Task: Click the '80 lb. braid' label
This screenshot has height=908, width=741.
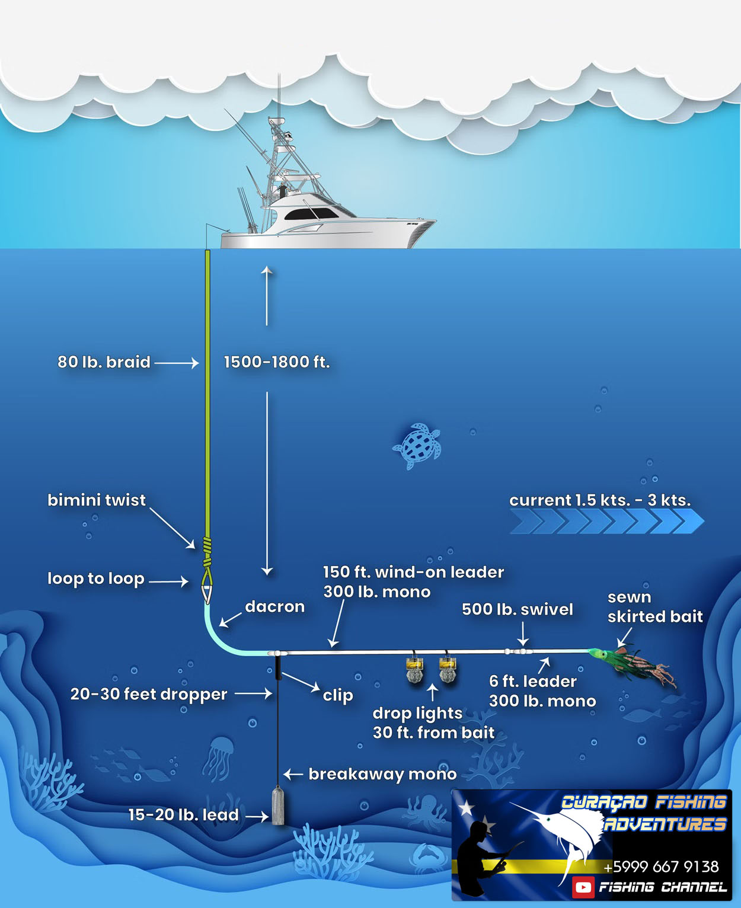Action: point(104,362)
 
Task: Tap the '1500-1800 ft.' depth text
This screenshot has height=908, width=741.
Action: point(276,362)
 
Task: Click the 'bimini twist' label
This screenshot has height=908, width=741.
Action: point(97,500)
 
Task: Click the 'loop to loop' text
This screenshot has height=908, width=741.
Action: point(96,578)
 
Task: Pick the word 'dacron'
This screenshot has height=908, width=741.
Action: point(274,607)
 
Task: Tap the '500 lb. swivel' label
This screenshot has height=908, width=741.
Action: point(518,609)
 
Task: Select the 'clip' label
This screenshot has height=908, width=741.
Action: point(338,695)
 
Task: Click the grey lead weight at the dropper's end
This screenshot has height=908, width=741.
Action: point(277,806)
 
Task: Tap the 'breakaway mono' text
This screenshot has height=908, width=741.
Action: point(382,774)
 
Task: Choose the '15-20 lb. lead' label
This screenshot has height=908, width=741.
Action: point(184,815)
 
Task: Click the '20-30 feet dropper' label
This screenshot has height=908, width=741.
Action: point(149,694)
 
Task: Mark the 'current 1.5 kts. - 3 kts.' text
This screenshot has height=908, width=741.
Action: point(600,500)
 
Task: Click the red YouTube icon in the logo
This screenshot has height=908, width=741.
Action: point(583,887)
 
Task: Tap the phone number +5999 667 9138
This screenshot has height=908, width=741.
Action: point(661,867)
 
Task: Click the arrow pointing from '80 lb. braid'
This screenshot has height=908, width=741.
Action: point(177,363)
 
